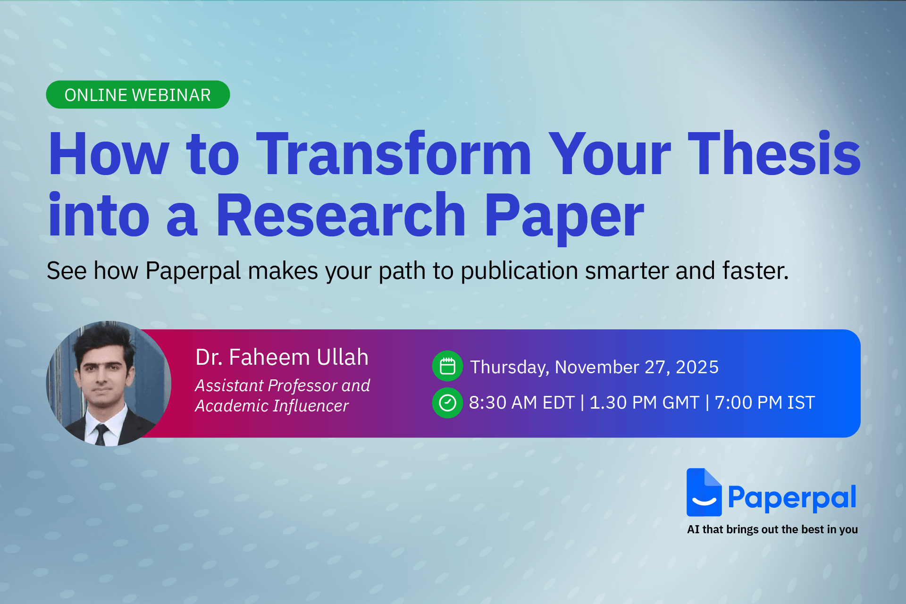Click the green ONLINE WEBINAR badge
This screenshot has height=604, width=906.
click(137, 95)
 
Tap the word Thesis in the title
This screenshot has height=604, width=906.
click(774, 154)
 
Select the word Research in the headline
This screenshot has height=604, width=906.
click(341, 216)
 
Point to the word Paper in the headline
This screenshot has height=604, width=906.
click(563, 216)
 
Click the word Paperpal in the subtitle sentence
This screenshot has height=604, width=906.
click(193, 271)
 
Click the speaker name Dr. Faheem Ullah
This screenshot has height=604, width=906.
click(282, 357)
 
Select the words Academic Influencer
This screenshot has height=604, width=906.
click(272, 406)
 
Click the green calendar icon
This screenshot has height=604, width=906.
click(447, 366)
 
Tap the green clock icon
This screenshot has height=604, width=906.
click(447, 403)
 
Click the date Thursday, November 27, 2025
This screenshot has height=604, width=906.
click(594, 367)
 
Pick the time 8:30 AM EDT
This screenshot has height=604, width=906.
click(521, 403)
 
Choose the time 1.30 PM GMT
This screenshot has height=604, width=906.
click(644, 403)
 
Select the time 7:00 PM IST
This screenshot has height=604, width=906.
click(764, 403)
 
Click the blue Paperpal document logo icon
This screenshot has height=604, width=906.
click(704, 493)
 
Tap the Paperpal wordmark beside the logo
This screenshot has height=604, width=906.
click(792, 498)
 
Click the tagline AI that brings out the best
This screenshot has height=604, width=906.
click(772, 529)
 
